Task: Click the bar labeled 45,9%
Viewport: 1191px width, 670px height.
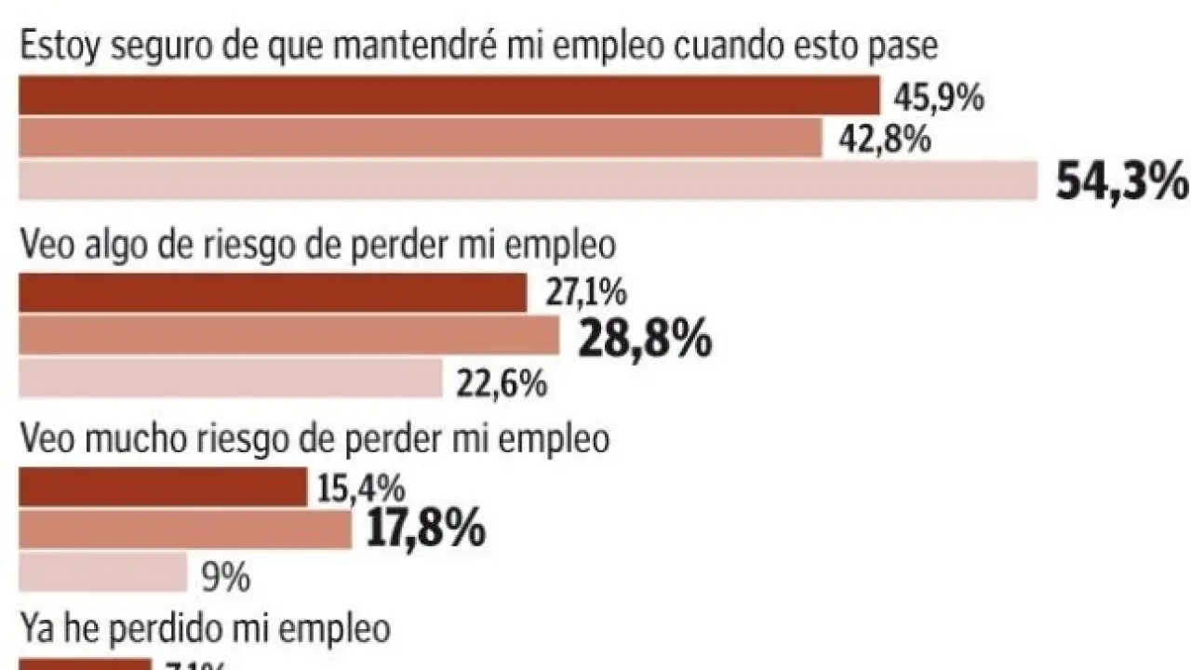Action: (x=448, y=96)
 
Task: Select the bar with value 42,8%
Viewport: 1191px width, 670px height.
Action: (x=420, y=139)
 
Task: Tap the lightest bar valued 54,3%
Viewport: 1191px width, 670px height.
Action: (x=528, y=181)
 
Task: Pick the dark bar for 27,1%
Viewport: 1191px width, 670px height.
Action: (x=273, y=294)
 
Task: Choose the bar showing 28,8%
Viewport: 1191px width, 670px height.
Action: (x=288, y=336)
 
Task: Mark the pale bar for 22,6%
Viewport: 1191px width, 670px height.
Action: (x=230, y=379)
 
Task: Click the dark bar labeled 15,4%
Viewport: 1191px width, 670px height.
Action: (x=162, y=488)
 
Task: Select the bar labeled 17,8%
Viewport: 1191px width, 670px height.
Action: (x=184, y=529)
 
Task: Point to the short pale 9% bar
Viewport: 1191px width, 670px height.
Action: (x=103, y=572)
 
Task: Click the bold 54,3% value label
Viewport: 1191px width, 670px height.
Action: (x=1122, y=182)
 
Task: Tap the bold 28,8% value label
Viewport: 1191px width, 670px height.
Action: (x=645, y=341)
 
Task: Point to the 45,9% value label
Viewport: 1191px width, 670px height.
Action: (x=938, y=98)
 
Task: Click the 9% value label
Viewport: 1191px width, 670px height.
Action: (x=224, y=579)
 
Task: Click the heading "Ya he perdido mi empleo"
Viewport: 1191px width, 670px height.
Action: (x=204, y=629)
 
